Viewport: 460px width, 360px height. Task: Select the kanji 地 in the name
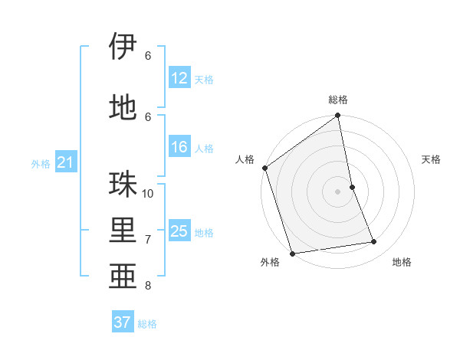click(x=123, y=106)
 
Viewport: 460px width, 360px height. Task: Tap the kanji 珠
click(x=123, y=185)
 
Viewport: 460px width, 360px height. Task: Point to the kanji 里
click(x=123, y=231)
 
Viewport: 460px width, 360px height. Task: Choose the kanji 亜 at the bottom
click(x=123, y=277)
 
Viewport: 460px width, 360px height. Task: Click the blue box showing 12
click(x=179, y=78)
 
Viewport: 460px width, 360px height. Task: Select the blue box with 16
click(x=179, y=148)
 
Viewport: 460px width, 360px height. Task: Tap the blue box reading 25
click(x=179, y=231)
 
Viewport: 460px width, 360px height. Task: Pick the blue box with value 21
click(x=65, y=162)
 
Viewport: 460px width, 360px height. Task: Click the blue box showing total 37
click(x=123, y=322)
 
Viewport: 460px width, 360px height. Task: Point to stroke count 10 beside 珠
click(x=148, y=193)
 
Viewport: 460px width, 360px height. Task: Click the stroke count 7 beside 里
click(x=148, y=239)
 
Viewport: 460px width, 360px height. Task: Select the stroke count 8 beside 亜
click(x=148, y=286)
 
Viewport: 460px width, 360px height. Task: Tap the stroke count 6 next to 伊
click(x=148, y=55)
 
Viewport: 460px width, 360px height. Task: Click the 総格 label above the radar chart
click(x=338, y=100)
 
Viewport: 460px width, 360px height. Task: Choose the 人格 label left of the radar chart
click(x=245, y=159)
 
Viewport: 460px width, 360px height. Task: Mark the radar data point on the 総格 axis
click(x=338, y=116)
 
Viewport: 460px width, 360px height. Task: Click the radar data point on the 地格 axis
click(x=374, y=242)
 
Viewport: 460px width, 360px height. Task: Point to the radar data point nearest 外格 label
click(x=292, y=253)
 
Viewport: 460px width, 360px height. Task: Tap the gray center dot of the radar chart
click(x=338, y=191)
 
